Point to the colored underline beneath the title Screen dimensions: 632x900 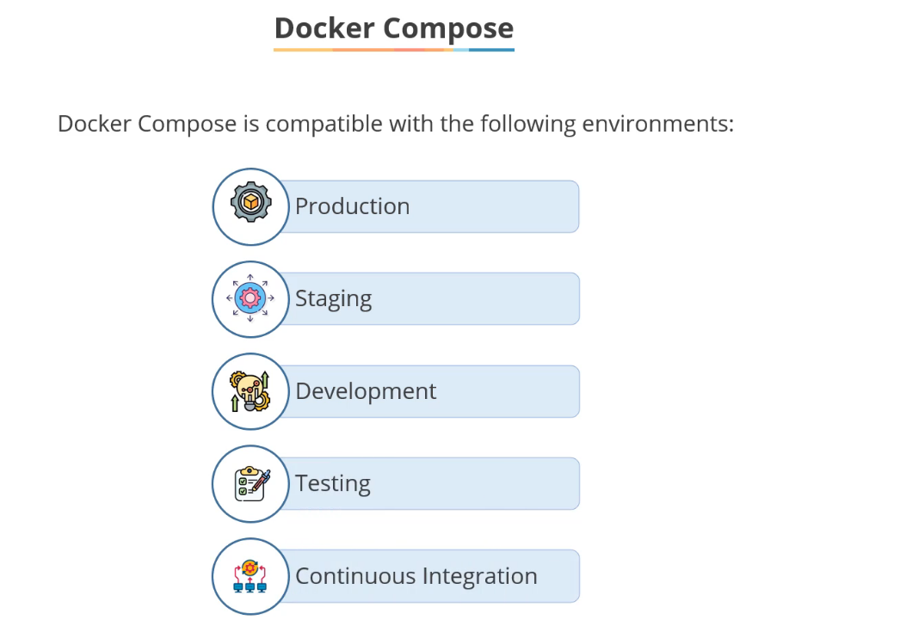pos(393,50)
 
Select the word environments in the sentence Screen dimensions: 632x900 pos(657,124)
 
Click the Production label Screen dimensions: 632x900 pos(352,206)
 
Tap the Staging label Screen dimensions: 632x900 pos(333,299)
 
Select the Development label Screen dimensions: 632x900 pos(366,391)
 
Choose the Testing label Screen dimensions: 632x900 pos(332,483)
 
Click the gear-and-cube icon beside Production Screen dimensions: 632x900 pos(250,204)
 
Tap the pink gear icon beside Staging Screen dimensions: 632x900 pos(250,298)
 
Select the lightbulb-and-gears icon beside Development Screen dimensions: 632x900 pos(250,391)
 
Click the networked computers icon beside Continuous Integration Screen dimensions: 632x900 pos(250,576)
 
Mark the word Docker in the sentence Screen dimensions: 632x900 pos(94,124)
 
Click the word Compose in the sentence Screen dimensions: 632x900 pos(186,125)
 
